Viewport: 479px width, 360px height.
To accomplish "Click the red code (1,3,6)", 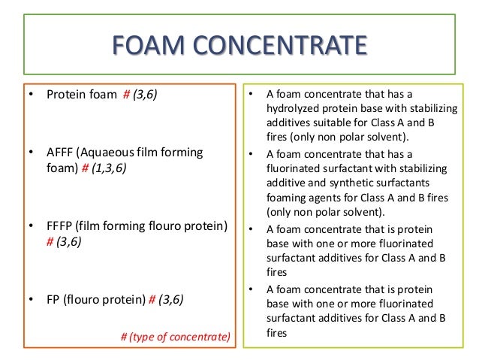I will [108, 168].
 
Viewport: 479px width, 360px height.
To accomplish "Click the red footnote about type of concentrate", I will [175, 336].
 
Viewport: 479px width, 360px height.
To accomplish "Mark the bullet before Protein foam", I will [31, 95].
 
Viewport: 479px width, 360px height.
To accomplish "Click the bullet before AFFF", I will [31, 153].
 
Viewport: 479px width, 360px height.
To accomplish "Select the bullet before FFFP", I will [31, 225].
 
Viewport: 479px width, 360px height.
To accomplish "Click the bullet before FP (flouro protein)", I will [31, 299].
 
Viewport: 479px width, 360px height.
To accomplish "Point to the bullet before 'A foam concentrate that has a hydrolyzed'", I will [250, 94].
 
